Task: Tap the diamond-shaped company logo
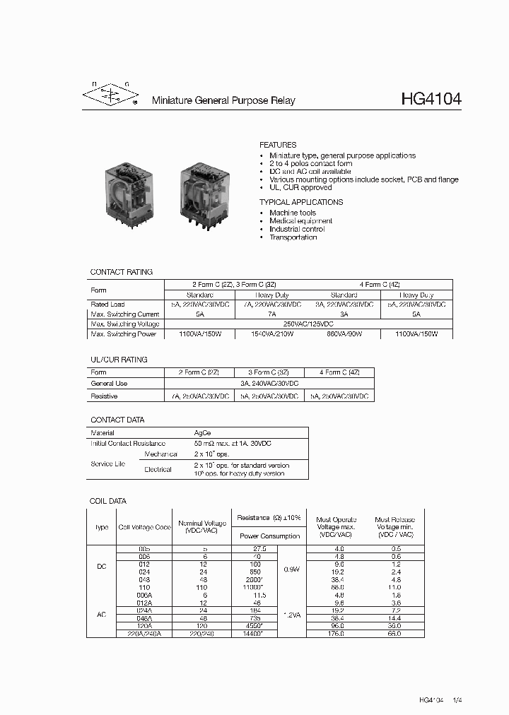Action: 110,97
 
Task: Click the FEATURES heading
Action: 278,145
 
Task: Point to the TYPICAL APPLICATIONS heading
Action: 300,202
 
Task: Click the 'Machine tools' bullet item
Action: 293,213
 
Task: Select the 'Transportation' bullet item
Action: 293,237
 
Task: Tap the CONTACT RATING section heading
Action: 121,272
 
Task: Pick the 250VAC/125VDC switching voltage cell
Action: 308,324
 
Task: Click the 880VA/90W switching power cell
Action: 344,333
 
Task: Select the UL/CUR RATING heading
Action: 119,360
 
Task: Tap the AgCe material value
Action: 202,432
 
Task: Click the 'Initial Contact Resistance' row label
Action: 127,443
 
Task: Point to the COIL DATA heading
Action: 108,501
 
